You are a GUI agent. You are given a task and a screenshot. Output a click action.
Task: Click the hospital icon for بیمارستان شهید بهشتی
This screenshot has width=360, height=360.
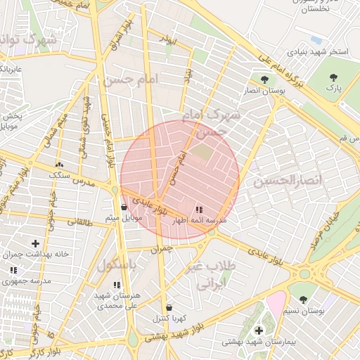click(258, 330)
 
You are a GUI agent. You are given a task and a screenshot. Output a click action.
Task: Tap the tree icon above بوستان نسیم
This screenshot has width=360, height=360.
click(303, 300)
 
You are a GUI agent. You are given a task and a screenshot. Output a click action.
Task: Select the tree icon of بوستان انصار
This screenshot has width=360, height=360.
click(264, 79)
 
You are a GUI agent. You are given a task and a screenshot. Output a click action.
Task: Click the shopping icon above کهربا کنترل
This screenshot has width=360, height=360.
click(169, 307)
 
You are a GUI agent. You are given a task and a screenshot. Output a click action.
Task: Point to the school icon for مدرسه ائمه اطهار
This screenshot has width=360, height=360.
click(199, 209)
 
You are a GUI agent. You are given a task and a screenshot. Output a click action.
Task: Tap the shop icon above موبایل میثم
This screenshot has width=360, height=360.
click(124, 207)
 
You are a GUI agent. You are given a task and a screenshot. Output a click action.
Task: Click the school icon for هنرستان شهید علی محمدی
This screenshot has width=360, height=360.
click(117, 285)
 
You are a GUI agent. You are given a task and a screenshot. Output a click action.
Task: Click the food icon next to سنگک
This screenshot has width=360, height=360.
click(58, 165)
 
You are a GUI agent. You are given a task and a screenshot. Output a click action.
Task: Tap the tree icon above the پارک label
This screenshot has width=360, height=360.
click(333, 77)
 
